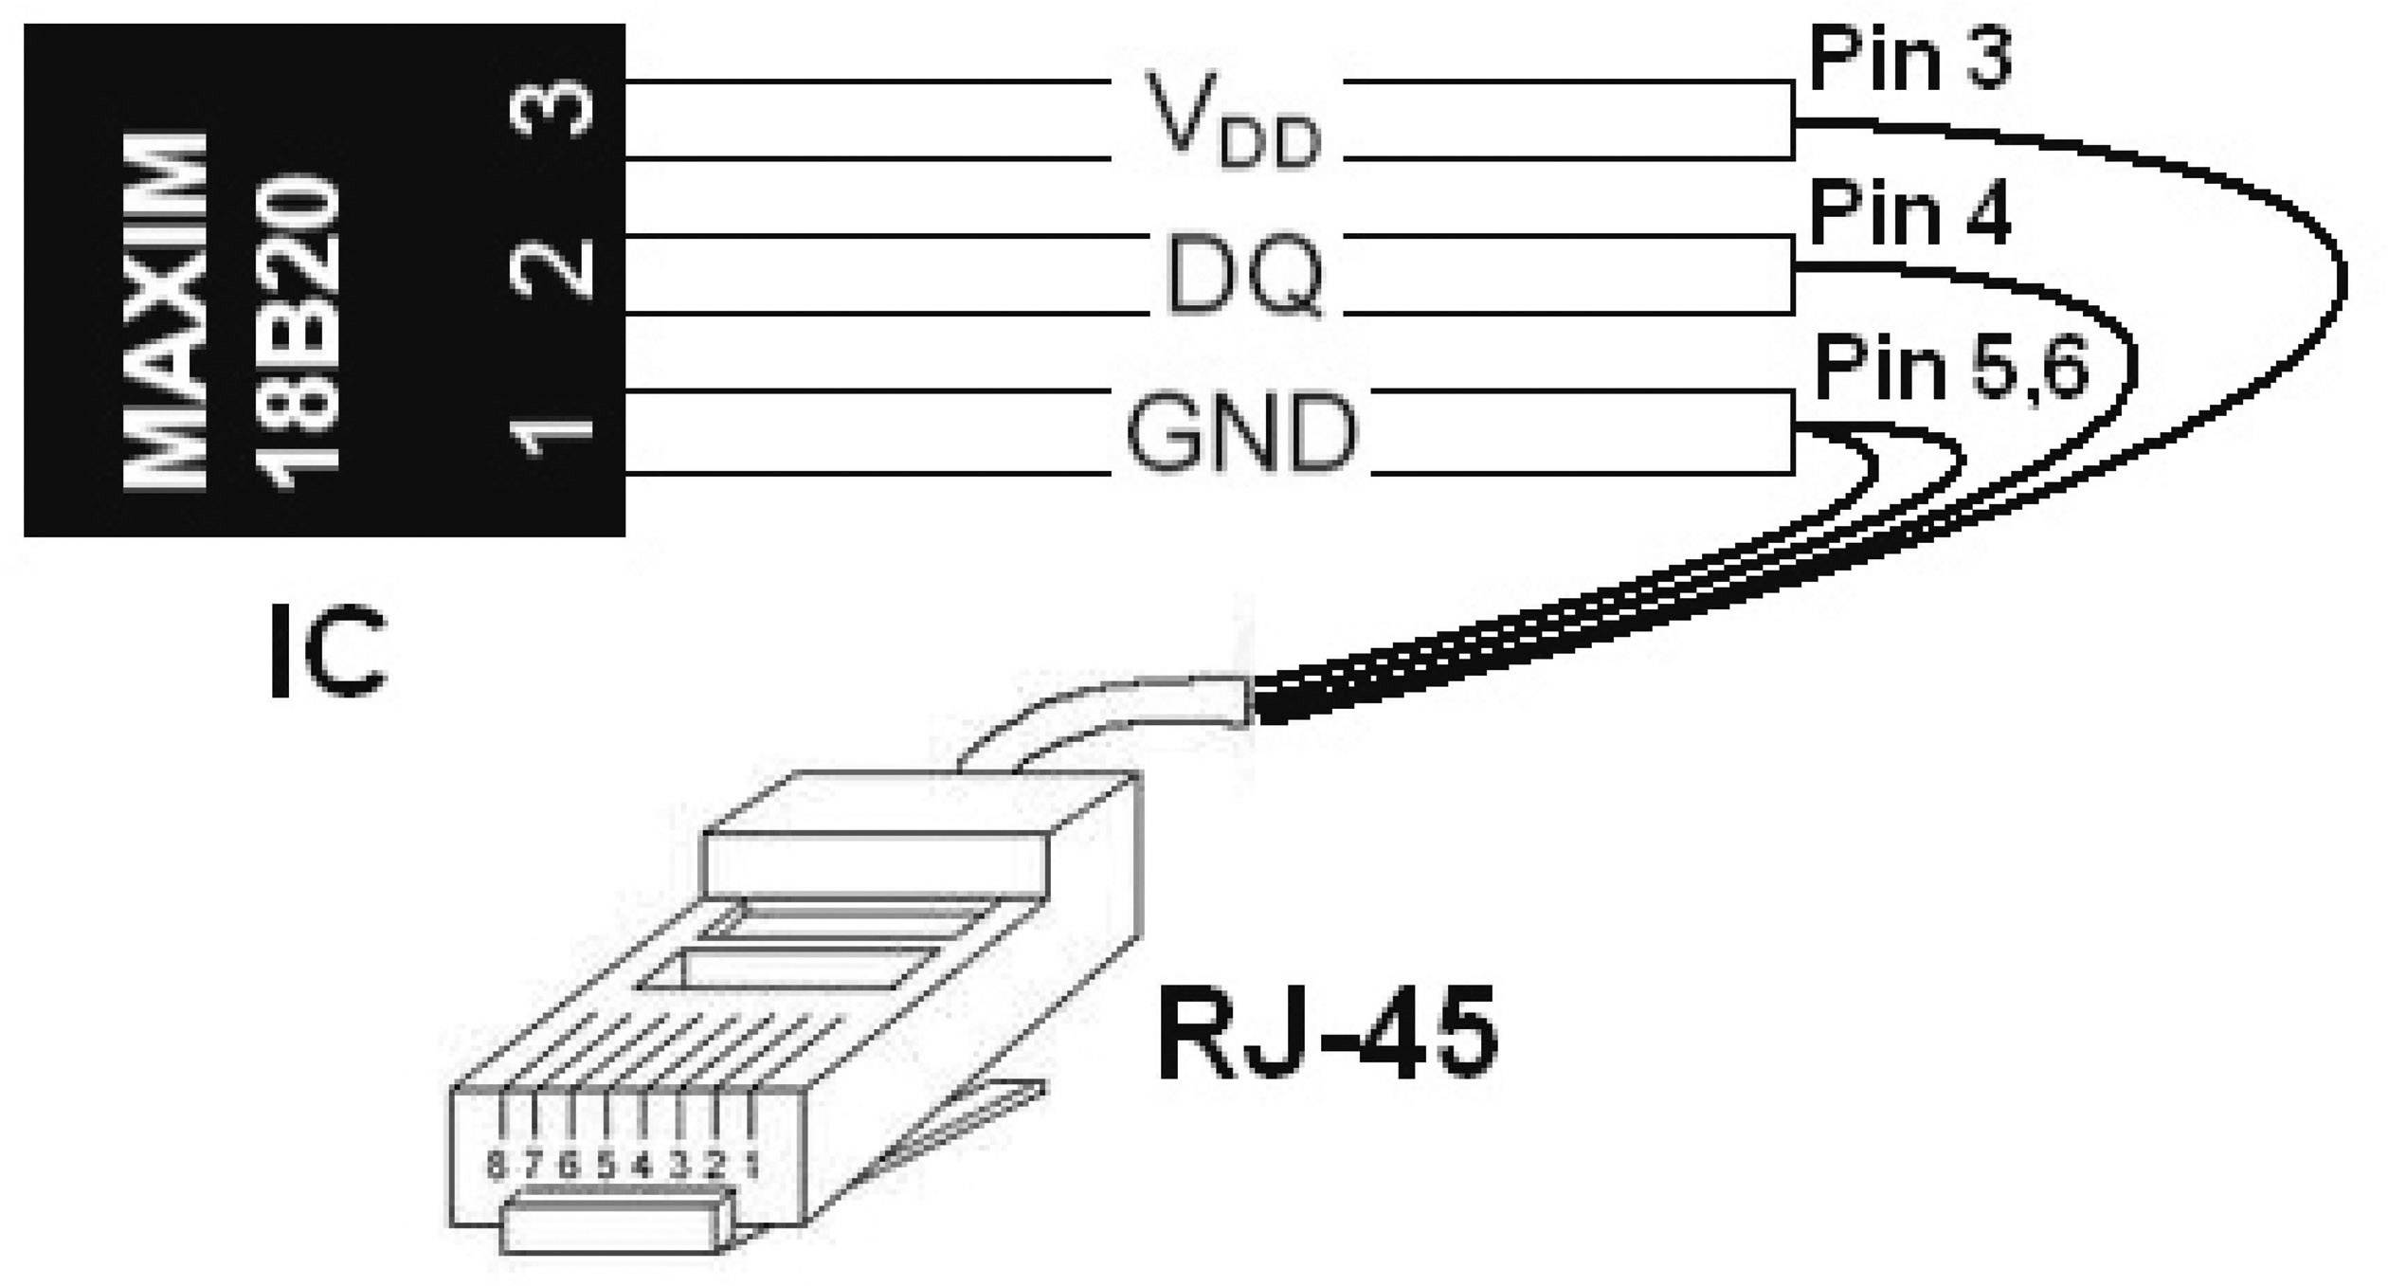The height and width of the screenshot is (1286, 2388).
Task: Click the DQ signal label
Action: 1244,276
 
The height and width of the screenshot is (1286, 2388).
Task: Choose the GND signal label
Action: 1241,435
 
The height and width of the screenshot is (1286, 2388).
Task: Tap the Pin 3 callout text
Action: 1909,60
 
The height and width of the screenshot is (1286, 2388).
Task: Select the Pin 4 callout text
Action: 1909,215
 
